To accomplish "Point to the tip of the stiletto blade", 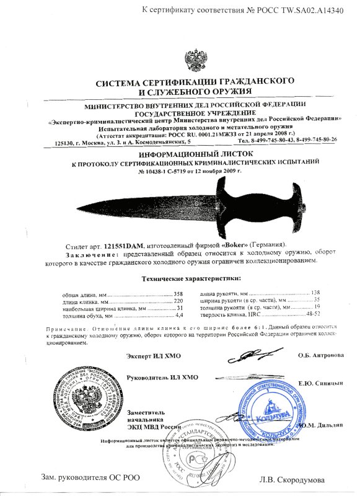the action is click(67, 207).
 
